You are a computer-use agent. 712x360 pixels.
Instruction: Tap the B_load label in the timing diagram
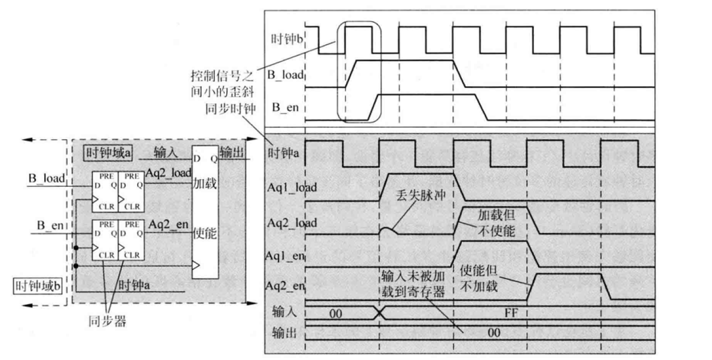point(285,74)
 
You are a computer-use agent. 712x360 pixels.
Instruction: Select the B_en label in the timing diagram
point(284,106)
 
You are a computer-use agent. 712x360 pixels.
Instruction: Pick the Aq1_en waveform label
point(285,255)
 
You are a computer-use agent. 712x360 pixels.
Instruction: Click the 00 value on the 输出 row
point(493,332)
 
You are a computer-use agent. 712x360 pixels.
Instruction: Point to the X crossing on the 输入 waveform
point(379,313)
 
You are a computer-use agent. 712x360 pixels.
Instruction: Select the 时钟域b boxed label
point(37,286)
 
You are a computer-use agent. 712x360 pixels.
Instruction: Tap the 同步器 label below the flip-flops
point(107,322)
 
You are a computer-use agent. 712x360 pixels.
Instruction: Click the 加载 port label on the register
point(205,183)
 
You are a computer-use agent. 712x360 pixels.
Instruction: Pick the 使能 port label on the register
point(205,234)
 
